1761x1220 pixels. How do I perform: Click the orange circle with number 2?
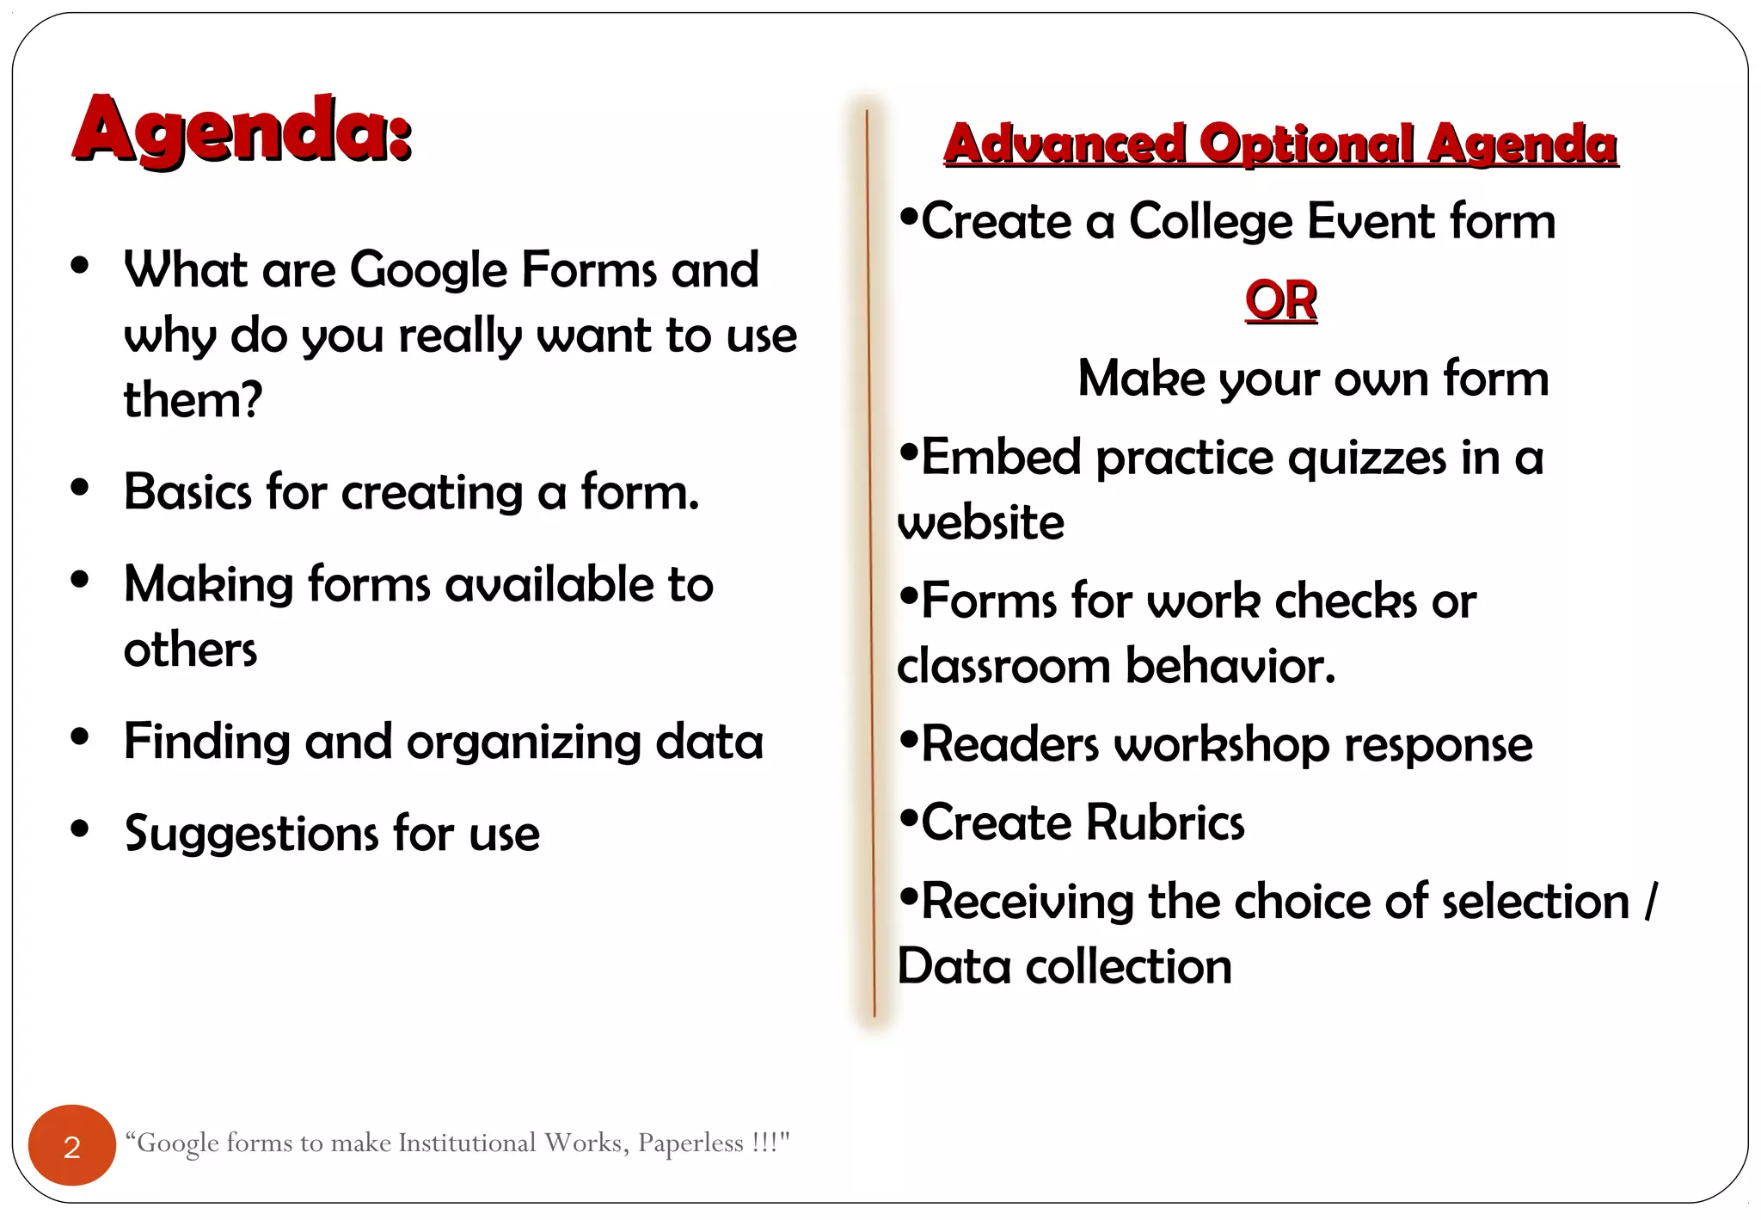point(72,1145)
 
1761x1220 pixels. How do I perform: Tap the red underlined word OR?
point(1280,300)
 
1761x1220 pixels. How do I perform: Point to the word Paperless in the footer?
point(690,1143)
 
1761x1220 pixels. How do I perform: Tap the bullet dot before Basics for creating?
point(80,488)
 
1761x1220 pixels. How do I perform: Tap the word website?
point(980,523)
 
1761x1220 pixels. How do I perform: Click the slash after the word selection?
point(1649,901)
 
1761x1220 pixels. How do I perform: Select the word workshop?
point(1221,744)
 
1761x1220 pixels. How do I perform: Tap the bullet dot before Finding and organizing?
point(80,737)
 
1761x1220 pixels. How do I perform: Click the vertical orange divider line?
point(870,559)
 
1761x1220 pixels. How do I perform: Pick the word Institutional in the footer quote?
point(467,1143)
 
